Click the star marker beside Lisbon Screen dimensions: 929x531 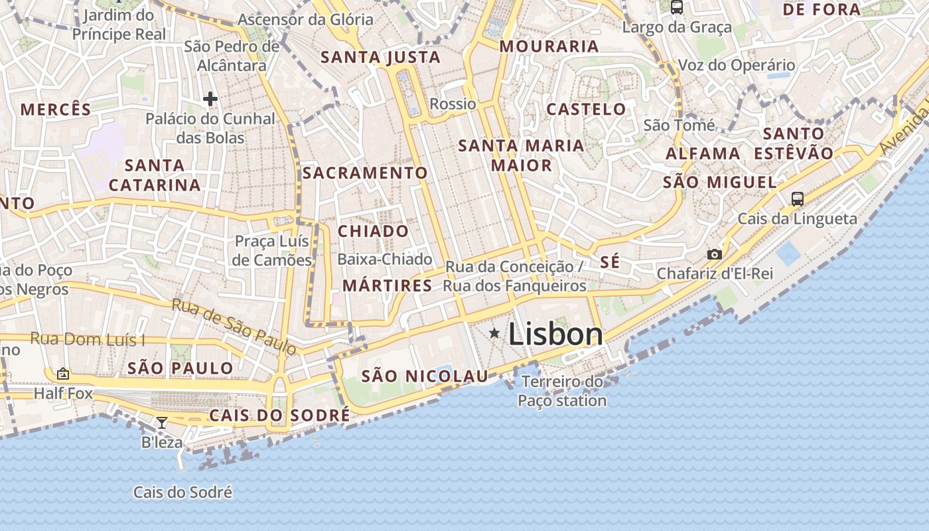(494, 333)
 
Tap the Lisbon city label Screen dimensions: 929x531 (555, 334)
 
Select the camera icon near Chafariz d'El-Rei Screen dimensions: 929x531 (715, 254)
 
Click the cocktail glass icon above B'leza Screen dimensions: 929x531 (161, 422)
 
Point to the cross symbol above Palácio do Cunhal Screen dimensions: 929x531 (210, 100)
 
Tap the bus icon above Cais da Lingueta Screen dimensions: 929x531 (798, 198)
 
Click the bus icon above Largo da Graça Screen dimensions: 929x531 (677, 7)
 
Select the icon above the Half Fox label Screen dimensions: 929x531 (63, 374)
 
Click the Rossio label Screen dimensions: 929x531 (453, 104)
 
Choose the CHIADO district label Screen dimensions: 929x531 (374, 232)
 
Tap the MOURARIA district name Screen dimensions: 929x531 (549, 46)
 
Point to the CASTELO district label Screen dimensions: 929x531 (586, 110)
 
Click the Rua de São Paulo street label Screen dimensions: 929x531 (234, 327)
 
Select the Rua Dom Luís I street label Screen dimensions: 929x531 (88, 340)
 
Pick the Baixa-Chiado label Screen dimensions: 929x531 (385, 260)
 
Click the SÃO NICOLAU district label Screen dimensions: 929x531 (425, 376)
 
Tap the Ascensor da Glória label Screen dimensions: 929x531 (305, 20)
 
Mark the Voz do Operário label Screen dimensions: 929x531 (737, 65)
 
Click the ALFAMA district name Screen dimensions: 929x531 (703, 154)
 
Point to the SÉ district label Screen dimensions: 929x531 (610, 262)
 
